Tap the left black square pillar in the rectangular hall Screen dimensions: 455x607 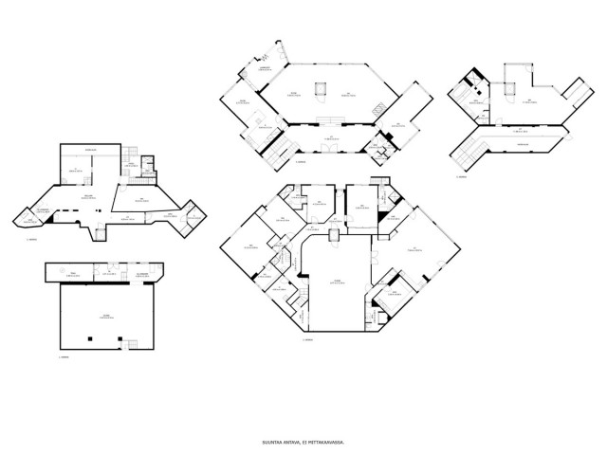[88, 337]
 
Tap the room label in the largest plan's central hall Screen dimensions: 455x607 [335, 282]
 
